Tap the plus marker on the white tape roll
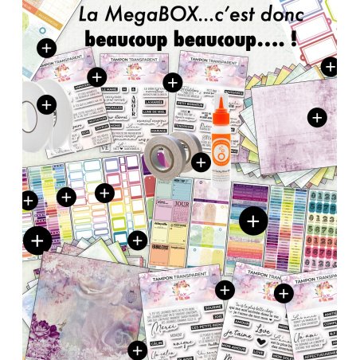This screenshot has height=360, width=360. click(46, 104)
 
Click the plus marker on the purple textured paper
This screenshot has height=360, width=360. click(317, 117)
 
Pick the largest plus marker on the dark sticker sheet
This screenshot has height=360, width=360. click(252, 220)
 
